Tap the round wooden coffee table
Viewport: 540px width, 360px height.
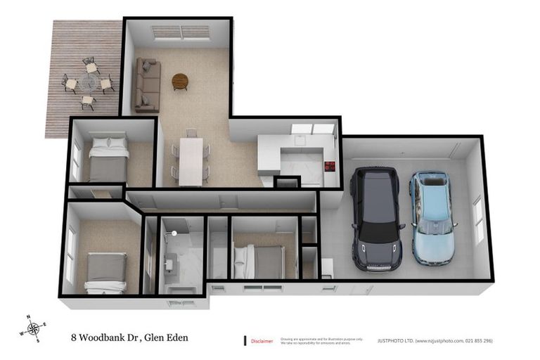coord(180,82)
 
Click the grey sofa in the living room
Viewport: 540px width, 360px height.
coord(148,86)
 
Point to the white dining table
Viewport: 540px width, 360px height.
coord(191,160)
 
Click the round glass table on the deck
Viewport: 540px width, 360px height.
coord(88,84)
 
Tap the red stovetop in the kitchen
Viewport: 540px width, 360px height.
coord(330,167)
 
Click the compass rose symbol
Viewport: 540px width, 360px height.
coord(33,329)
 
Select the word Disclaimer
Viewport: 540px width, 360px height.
coord(262,341)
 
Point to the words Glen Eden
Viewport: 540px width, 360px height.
coord(167,338)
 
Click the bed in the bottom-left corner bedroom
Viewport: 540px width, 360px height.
coord(106,273)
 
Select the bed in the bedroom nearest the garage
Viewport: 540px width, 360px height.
coord(261,262)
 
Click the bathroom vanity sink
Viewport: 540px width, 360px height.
coord(171,264)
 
